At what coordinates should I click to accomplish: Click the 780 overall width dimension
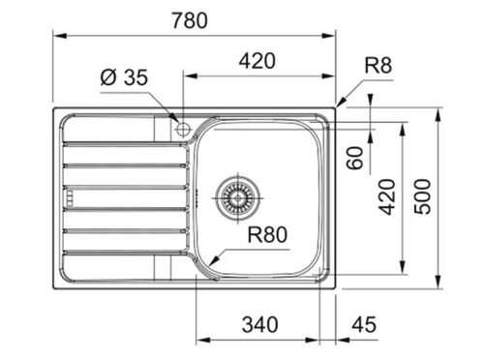(x=190, y=20)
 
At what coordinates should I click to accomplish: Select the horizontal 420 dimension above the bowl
(x=257, y=61)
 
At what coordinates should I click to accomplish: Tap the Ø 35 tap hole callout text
(x=124, y=77)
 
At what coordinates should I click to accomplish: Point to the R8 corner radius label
(x=378, y=66)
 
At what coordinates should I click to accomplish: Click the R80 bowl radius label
(x=267, y=234)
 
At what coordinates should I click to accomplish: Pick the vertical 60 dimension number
(x=355, y=158)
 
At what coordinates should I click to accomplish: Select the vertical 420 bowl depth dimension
(x=387, y=197)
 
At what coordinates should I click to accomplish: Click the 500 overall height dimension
(x=422, y=197)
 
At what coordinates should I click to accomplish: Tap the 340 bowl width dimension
(x=260, y=324)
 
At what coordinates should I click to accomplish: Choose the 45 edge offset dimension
(x=364, y=324)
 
